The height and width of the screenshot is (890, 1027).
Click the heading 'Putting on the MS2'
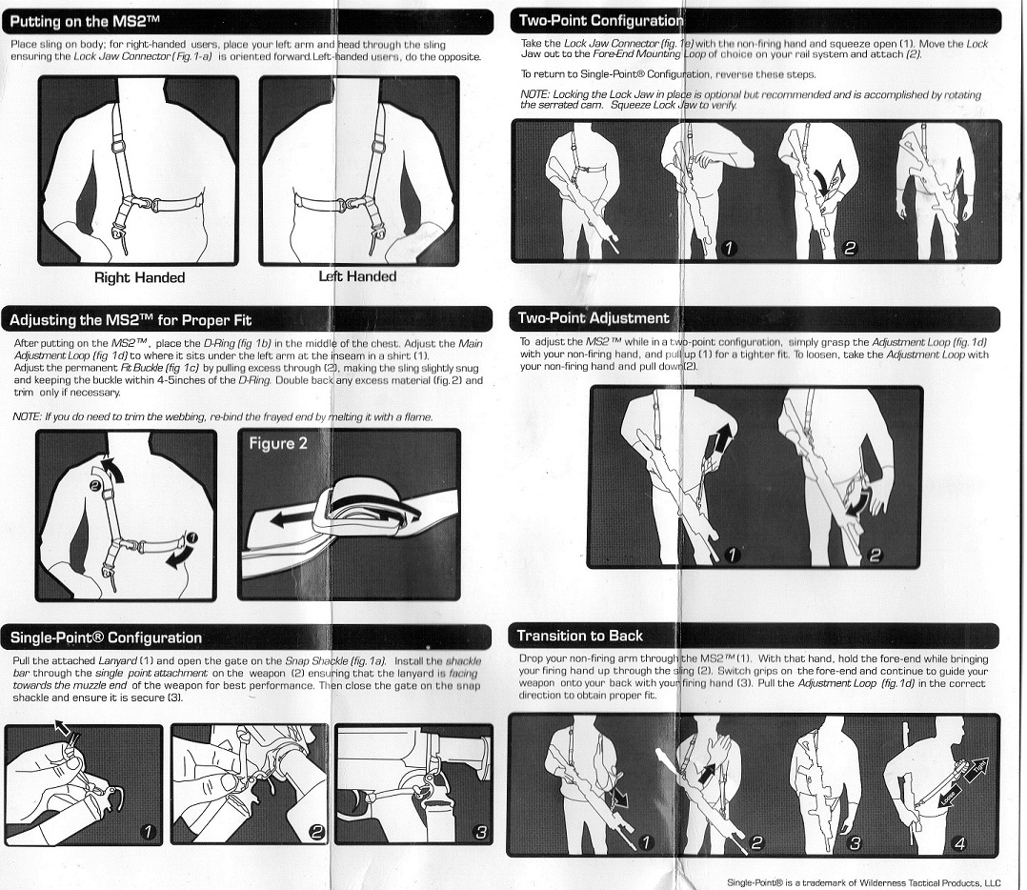(x=85, y=22)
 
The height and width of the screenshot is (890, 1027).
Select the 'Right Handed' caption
(x=139, y=277)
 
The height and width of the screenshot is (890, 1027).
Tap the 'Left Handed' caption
(x=357, y=276)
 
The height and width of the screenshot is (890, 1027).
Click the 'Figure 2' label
(x=278, y=443)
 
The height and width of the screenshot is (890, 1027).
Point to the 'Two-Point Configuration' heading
(x=600, y=20)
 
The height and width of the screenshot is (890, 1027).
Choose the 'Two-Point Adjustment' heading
(x=594, y=318)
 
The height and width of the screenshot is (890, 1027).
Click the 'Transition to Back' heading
(x=579, y=636)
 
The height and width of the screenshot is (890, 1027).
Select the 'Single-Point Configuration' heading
(x=106, y=637)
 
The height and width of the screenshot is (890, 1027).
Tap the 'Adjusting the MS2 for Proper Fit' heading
(x=131, y=320)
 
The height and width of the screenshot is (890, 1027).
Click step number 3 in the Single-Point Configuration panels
(x=481, y=833)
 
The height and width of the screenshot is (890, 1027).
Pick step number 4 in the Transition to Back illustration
(x=959, y=843)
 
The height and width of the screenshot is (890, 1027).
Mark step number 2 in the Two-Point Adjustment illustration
(x=875, y=556)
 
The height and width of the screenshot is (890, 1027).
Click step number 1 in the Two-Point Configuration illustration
(x=728, y=248)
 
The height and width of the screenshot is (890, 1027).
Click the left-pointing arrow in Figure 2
(x=293, y=520)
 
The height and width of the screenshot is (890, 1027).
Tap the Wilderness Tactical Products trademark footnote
(x=864, y=882)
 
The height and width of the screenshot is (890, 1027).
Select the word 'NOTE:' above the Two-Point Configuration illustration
(x=534, y=95)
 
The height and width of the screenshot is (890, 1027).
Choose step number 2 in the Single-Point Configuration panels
(x=316, y=833)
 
